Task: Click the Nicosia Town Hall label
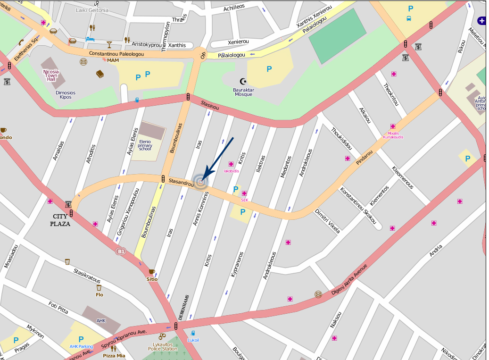click(50, 75)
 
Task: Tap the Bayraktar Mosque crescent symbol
click(243, 81)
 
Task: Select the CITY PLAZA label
click(61, 220)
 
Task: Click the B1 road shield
click(121, 251)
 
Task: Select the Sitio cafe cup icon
click(151, 272)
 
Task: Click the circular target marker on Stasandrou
click(201, 182)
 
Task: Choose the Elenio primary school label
click(145, 146)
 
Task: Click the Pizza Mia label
click(114, 356)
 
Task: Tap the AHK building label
click(101, 320)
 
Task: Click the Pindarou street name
click(365, 158)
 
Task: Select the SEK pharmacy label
click(244, 200)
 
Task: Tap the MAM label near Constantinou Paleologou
click(113, 60)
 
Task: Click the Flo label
click(99, 295)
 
